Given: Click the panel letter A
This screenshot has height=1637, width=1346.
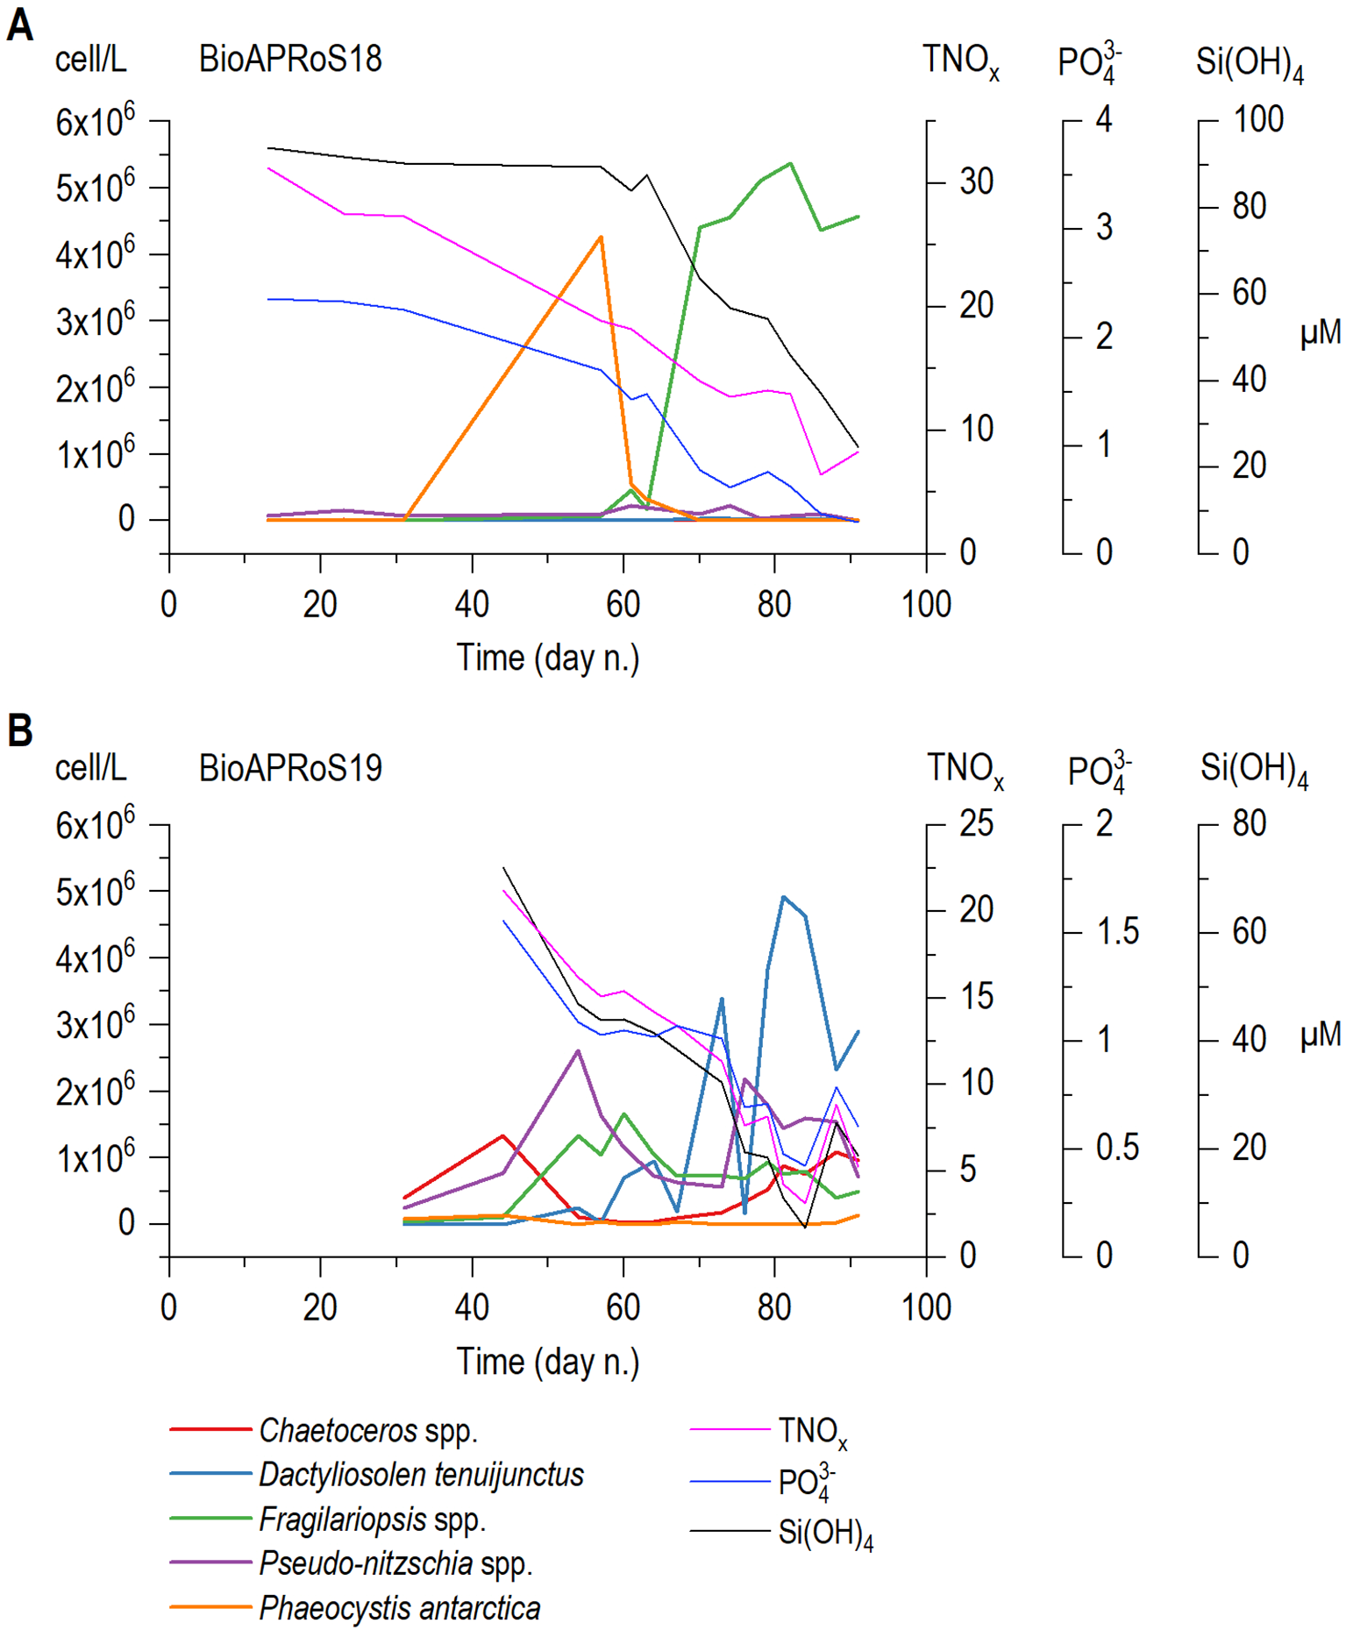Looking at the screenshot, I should [x=19, y=25].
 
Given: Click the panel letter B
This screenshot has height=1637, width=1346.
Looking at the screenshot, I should [x=19, y=730].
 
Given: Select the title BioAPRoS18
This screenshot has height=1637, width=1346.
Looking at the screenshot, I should [x=290, y=60].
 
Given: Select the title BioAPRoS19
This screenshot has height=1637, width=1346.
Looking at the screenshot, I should [x=290, y=769].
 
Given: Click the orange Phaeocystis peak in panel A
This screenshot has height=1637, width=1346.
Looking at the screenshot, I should [x=601, y=237].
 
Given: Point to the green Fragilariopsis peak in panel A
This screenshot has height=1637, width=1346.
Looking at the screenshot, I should [x=790, y=163].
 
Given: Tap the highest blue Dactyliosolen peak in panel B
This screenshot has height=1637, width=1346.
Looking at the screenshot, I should [x=783, y=897].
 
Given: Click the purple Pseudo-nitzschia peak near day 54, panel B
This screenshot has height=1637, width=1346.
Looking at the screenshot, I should [x=577, y=1050].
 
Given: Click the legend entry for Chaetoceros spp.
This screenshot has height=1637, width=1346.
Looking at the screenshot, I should [x=368, y=1431].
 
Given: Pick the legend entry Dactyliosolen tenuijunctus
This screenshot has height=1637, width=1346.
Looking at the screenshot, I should [x=421, y=1475].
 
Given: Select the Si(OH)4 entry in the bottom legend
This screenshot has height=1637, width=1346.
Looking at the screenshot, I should [x=824, y=1534].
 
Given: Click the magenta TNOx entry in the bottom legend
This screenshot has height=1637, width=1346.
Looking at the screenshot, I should [x=812, y=1432].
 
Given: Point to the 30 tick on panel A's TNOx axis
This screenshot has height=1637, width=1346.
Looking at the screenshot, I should [x=975, y=182].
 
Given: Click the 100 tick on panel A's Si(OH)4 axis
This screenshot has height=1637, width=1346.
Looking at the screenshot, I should [x=1257, y=120].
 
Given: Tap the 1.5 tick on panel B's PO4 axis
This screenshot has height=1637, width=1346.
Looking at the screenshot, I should [x=1117, y=932].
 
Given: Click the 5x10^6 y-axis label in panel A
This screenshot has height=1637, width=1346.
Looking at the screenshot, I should [x=95, y=187].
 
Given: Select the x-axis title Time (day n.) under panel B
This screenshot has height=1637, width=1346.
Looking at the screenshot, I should [x=547, y=1362].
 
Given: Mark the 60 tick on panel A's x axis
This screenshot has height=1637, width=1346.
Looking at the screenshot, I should [x=623, y=604].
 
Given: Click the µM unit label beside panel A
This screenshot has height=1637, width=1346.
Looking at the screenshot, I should [x=1320, y=333].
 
